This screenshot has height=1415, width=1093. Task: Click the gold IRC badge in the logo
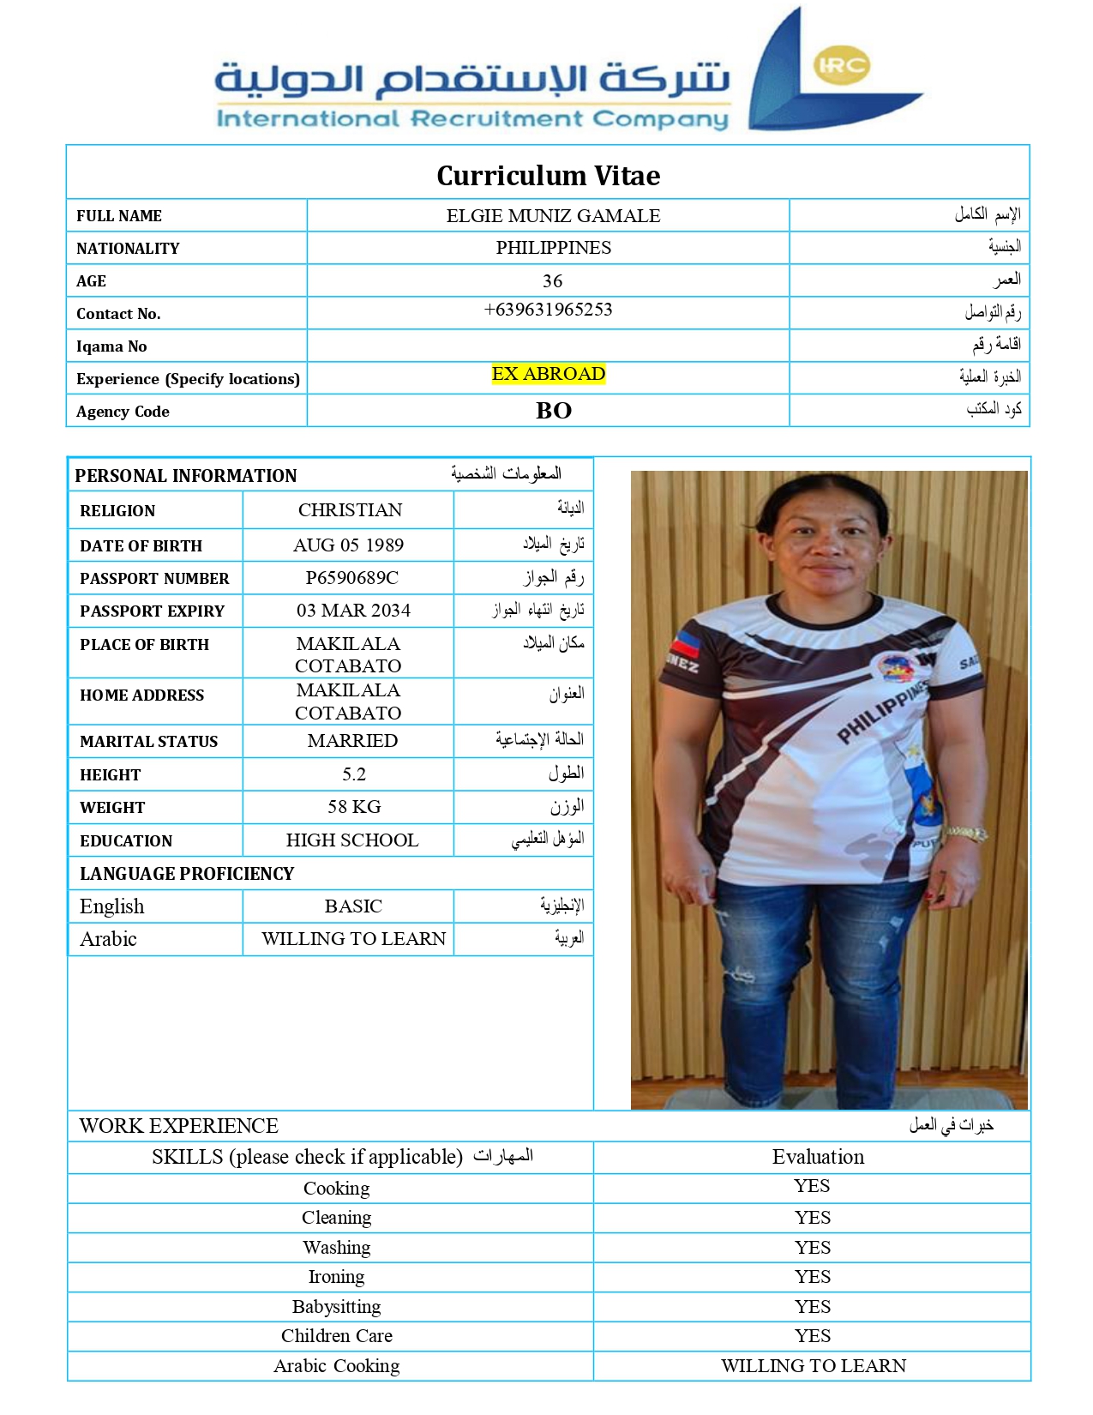pyautogui.click(x=842, y=66)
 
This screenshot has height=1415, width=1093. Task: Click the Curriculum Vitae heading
pyautogui.click(x=548, y=176)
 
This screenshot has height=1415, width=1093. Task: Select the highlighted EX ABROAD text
pyautogui.click(x=549, y=374)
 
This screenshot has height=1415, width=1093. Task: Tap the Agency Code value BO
pyautogui.click(x=553, y=411)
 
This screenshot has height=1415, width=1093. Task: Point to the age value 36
pyautogui.click(x=552, y=281)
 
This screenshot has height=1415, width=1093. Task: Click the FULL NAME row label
pyautogui.click(x=119, y=216)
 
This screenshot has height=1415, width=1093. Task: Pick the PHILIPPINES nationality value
pyautogui.click(x=553, y=248)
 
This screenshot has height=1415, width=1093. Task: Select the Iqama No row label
pyautogui.click(x=111, y=346)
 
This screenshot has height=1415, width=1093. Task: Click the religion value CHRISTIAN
pyautogui.click(x=350, y=510)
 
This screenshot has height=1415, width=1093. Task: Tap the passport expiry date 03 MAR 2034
pyautogui.click(x=353, y=611)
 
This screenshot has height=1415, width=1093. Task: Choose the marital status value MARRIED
pyautogui.click(x=352, y=741)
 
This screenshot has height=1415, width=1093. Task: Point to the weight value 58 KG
pyautogui.click(x=354, y=807)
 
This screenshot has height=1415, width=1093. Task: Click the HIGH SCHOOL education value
pyautogui.click(x=352, y=840)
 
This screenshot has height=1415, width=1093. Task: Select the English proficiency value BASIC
pyautogui.click(x=353, y=906)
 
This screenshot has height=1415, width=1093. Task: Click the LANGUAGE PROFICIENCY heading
pyautogui.click(x=187, y=874)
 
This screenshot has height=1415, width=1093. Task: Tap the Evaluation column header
pyautogui.click(x=818, y=1157)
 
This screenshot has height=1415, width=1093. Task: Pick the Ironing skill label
pyautogui.click(x=336, y=1277)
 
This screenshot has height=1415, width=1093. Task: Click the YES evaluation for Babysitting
pyautogui.click(x=812, y=1307)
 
